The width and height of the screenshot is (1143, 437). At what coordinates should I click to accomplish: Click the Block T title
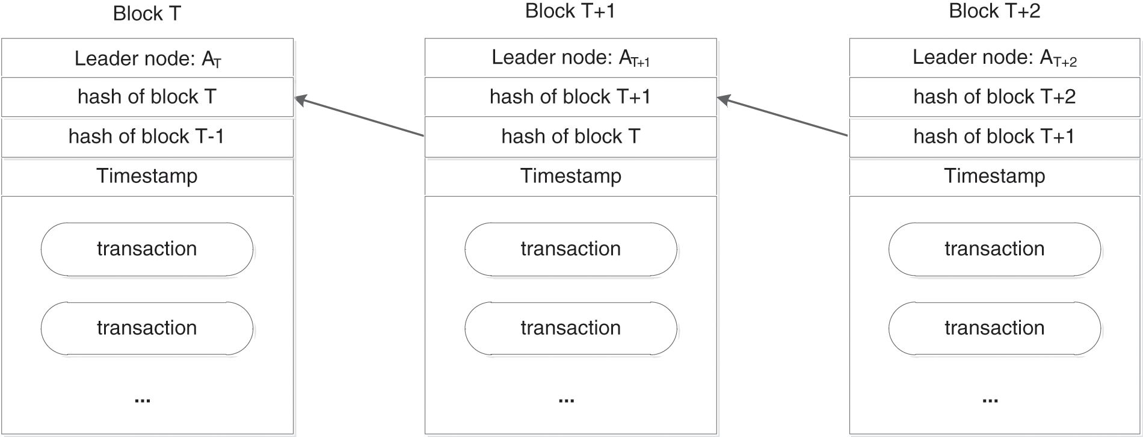click(147, 14)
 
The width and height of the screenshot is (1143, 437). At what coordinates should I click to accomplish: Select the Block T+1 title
click(570, 11)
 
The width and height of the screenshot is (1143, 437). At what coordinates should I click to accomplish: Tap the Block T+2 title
click(994, 11)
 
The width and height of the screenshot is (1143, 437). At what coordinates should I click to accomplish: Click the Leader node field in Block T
click(147, 58)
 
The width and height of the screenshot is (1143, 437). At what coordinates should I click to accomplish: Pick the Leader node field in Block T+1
click(570, 58)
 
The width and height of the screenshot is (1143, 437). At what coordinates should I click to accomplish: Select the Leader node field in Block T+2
click(994, 58)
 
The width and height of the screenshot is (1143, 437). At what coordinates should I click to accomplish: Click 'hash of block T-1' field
click(147, 137)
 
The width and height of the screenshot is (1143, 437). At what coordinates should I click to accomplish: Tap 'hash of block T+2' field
click(994, 97)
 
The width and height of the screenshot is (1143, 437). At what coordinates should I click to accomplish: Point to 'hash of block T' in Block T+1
click(570, 137)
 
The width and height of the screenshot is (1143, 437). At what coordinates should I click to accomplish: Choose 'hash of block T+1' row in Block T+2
click(994, 137)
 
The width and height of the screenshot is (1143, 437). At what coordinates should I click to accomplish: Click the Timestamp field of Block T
click(147, 176)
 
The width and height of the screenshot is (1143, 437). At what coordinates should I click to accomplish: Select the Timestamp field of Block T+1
click(570, 176)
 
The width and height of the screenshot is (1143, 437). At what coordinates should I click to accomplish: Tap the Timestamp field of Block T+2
click(994, 176)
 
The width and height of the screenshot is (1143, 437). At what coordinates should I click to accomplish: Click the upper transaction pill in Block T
click(147, 249)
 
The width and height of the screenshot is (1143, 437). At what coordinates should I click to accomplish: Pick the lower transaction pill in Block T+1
click(570, 328)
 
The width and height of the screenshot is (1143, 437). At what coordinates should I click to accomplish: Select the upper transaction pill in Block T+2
click(994, 249)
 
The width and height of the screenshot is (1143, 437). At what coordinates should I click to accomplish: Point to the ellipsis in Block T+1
click(566, 400)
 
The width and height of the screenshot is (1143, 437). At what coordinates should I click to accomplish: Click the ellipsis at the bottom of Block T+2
click(990, 400)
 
